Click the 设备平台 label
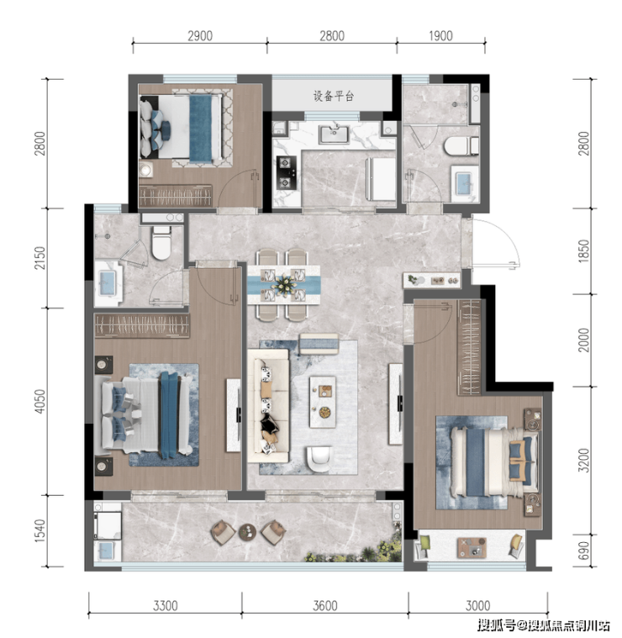334,96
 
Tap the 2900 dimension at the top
200,36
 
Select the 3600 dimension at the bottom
325,606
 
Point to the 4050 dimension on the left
40,402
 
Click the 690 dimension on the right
583,551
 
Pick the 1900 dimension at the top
440,36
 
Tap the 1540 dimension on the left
40,530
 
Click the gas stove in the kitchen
286,173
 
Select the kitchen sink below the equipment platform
334,134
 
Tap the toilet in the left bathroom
161,243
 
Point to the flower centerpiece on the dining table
283,283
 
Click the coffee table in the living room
323,402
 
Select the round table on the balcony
247,532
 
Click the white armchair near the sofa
319,459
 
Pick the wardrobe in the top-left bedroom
176,196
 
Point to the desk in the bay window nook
472,548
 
